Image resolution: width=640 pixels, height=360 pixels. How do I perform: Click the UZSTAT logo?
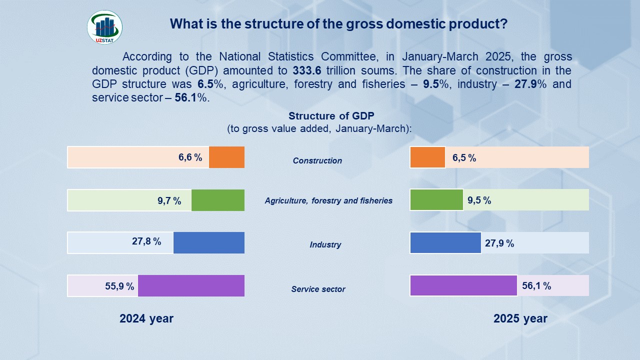point(104,27)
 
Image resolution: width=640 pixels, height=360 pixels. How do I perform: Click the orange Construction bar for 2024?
point(226,157)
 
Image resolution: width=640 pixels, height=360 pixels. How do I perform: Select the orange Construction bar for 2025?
point(427,157)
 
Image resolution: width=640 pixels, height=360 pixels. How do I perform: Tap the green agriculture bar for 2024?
point(218,200)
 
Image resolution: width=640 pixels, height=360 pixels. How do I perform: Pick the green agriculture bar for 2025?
point(436,200)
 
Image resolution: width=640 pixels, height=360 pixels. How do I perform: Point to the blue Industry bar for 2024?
point(209,242)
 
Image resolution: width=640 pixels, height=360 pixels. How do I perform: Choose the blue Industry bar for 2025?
point(445,242)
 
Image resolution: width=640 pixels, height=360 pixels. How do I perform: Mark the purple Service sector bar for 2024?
point(191,285)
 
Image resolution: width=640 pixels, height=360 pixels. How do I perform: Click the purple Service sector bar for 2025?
point(463,285)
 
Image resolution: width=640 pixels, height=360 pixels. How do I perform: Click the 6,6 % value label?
point(190,157)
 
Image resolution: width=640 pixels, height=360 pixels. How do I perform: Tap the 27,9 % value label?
point(499,243)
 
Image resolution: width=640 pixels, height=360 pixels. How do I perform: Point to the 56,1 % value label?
point(536,286)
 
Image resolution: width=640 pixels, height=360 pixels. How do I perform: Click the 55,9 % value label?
point(119,286)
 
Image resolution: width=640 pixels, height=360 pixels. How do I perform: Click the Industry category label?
point(325,244)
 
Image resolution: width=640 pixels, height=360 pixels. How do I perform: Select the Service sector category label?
point(318,289)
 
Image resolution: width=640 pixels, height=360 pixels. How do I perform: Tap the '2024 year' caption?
point(146,318)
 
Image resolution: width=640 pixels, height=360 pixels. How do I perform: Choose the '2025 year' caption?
point(520,318)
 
